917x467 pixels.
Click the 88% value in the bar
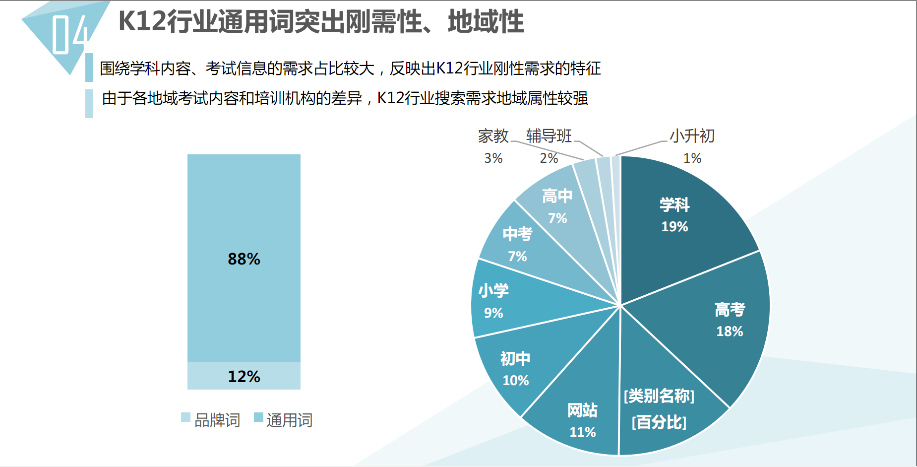(x=244, y=259)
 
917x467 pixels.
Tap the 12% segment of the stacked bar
(x=244, y=376)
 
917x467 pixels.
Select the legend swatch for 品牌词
(x=185, y=417)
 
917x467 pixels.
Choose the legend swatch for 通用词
(x=258, y=417)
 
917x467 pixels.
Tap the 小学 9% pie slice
(x=501, y=303)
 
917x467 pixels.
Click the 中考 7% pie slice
(x=521, y=248)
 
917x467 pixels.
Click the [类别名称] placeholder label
(x=659, y=396)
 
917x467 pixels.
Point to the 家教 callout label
(x=493, y=136)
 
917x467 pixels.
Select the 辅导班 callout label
(x=549, y=136)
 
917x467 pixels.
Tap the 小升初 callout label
(x=692, y=136)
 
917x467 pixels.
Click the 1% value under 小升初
(x=692, y=158)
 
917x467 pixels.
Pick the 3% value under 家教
(x=493, y=158)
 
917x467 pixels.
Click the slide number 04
(x=69, y=35)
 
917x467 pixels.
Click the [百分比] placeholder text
(x=659, y=423)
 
